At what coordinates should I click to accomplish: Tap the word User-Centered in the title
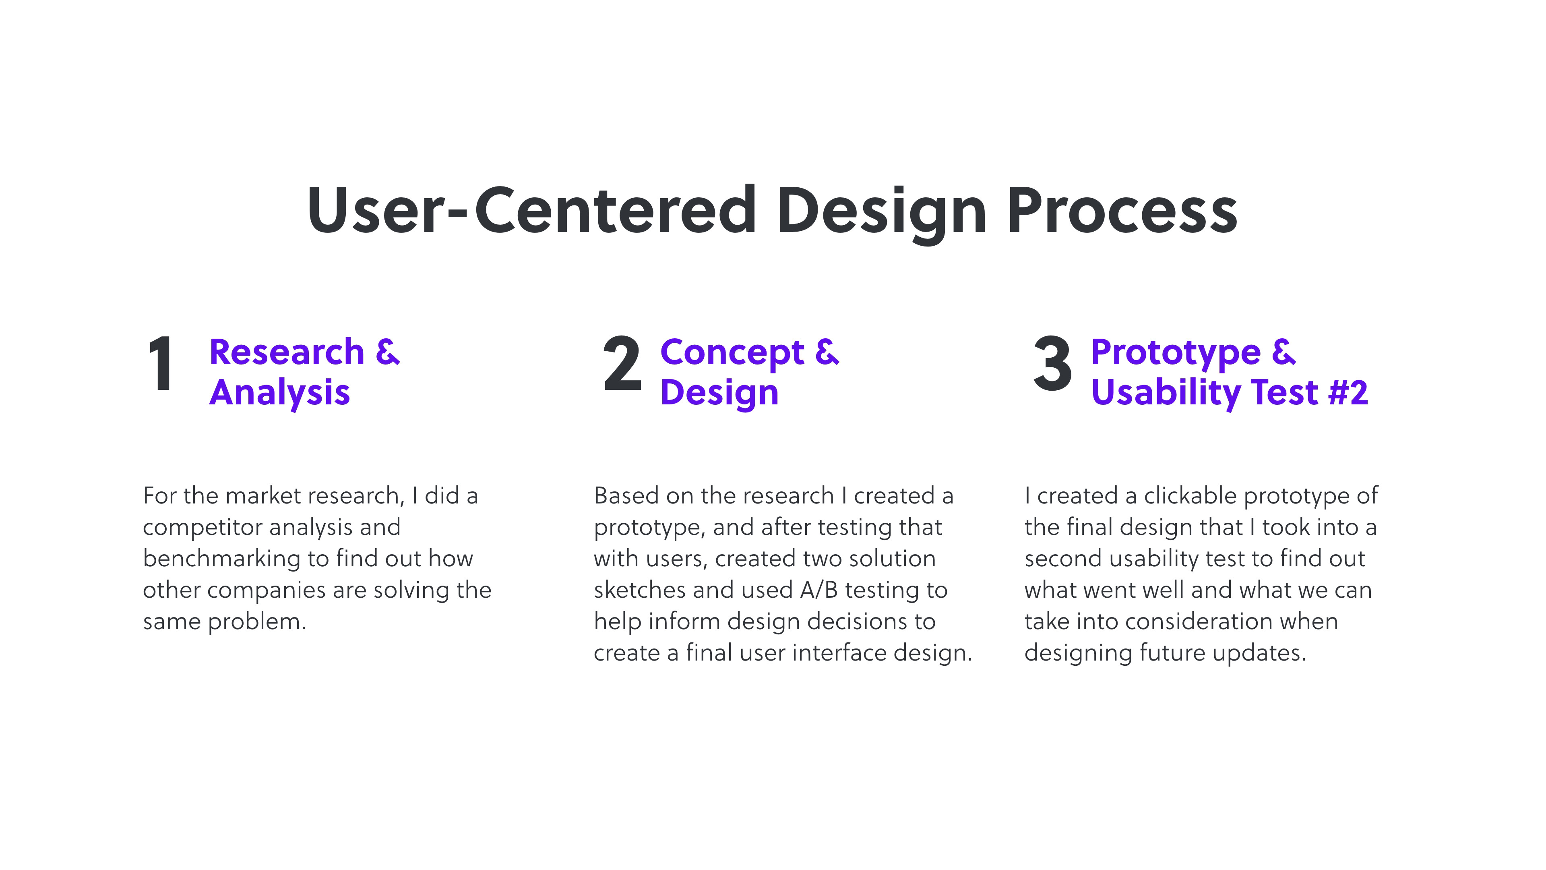point(532,210)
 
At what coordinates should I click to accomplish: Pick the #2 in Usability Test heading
point(1348,393)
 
